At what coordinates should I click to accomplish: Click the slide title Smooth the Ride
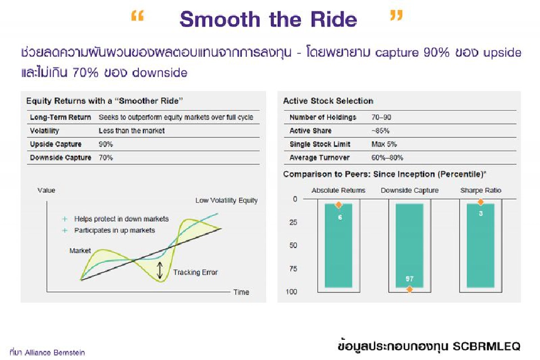pos(268,20)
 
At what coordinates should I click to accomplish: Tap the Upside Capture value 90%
pos(105,144)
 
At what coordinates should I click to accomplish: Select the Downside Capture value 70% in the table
pos(105,157)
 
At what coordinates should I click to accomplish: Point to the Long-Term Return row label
pos(60,118)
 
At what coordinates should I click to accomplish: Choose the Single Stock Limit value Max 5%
pos(384,144)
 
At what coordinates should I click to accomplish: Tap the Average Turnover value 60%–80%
pos(387,157)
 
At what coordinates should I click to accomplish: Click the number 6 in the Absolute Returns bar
pos(340,217)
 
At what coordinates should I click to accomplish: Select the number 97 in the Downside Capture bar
pos(409,279)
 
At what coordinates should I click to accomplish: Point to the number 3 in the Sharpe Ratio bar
pos(480,213)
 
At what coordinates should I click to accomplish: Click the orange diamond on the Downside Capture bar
pos(409,289)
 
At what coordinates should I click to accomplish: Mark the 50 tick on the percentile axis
pos(293,245)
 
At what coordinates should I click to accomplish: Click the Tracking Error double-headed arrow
pos(160,271)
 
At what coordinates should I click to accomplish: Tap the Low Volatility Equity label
pos(226,200)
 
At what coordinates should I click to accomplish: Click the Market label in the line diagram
pos(80,250)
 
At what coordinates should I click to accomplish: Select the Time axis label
pos(241,292)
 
